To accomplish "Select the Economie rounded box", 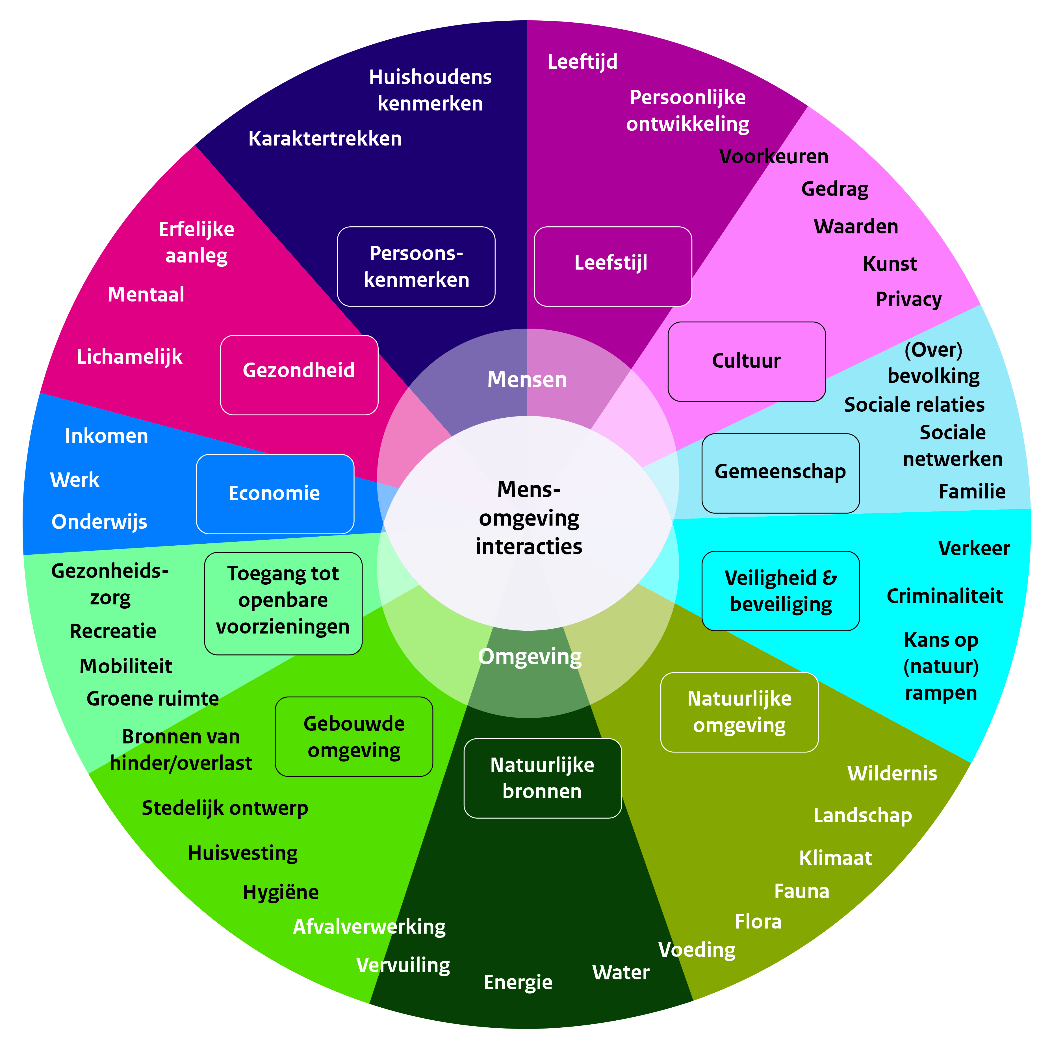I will (x=275, y=494).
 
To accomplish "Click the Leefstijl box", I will (x=613, y=266).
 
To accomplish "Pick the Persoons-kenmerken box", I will (x=416, y=266).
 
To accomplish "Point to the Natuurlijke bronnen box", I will (x=542, y=778).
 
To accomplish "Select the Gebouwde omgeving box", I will (x=354, y=737).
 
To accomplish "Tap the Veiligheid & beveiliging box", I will (x=780, y=591).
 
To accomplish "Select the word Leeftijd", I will (x=582, y=62).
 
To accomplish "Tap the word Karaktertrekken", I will (x=325, y=139).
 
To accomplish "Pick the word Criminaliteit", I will (x=944, y=596).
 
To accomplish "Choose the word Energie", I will (x=518, y=982).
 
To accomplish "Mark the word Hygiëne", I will (x=280, y=892).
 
